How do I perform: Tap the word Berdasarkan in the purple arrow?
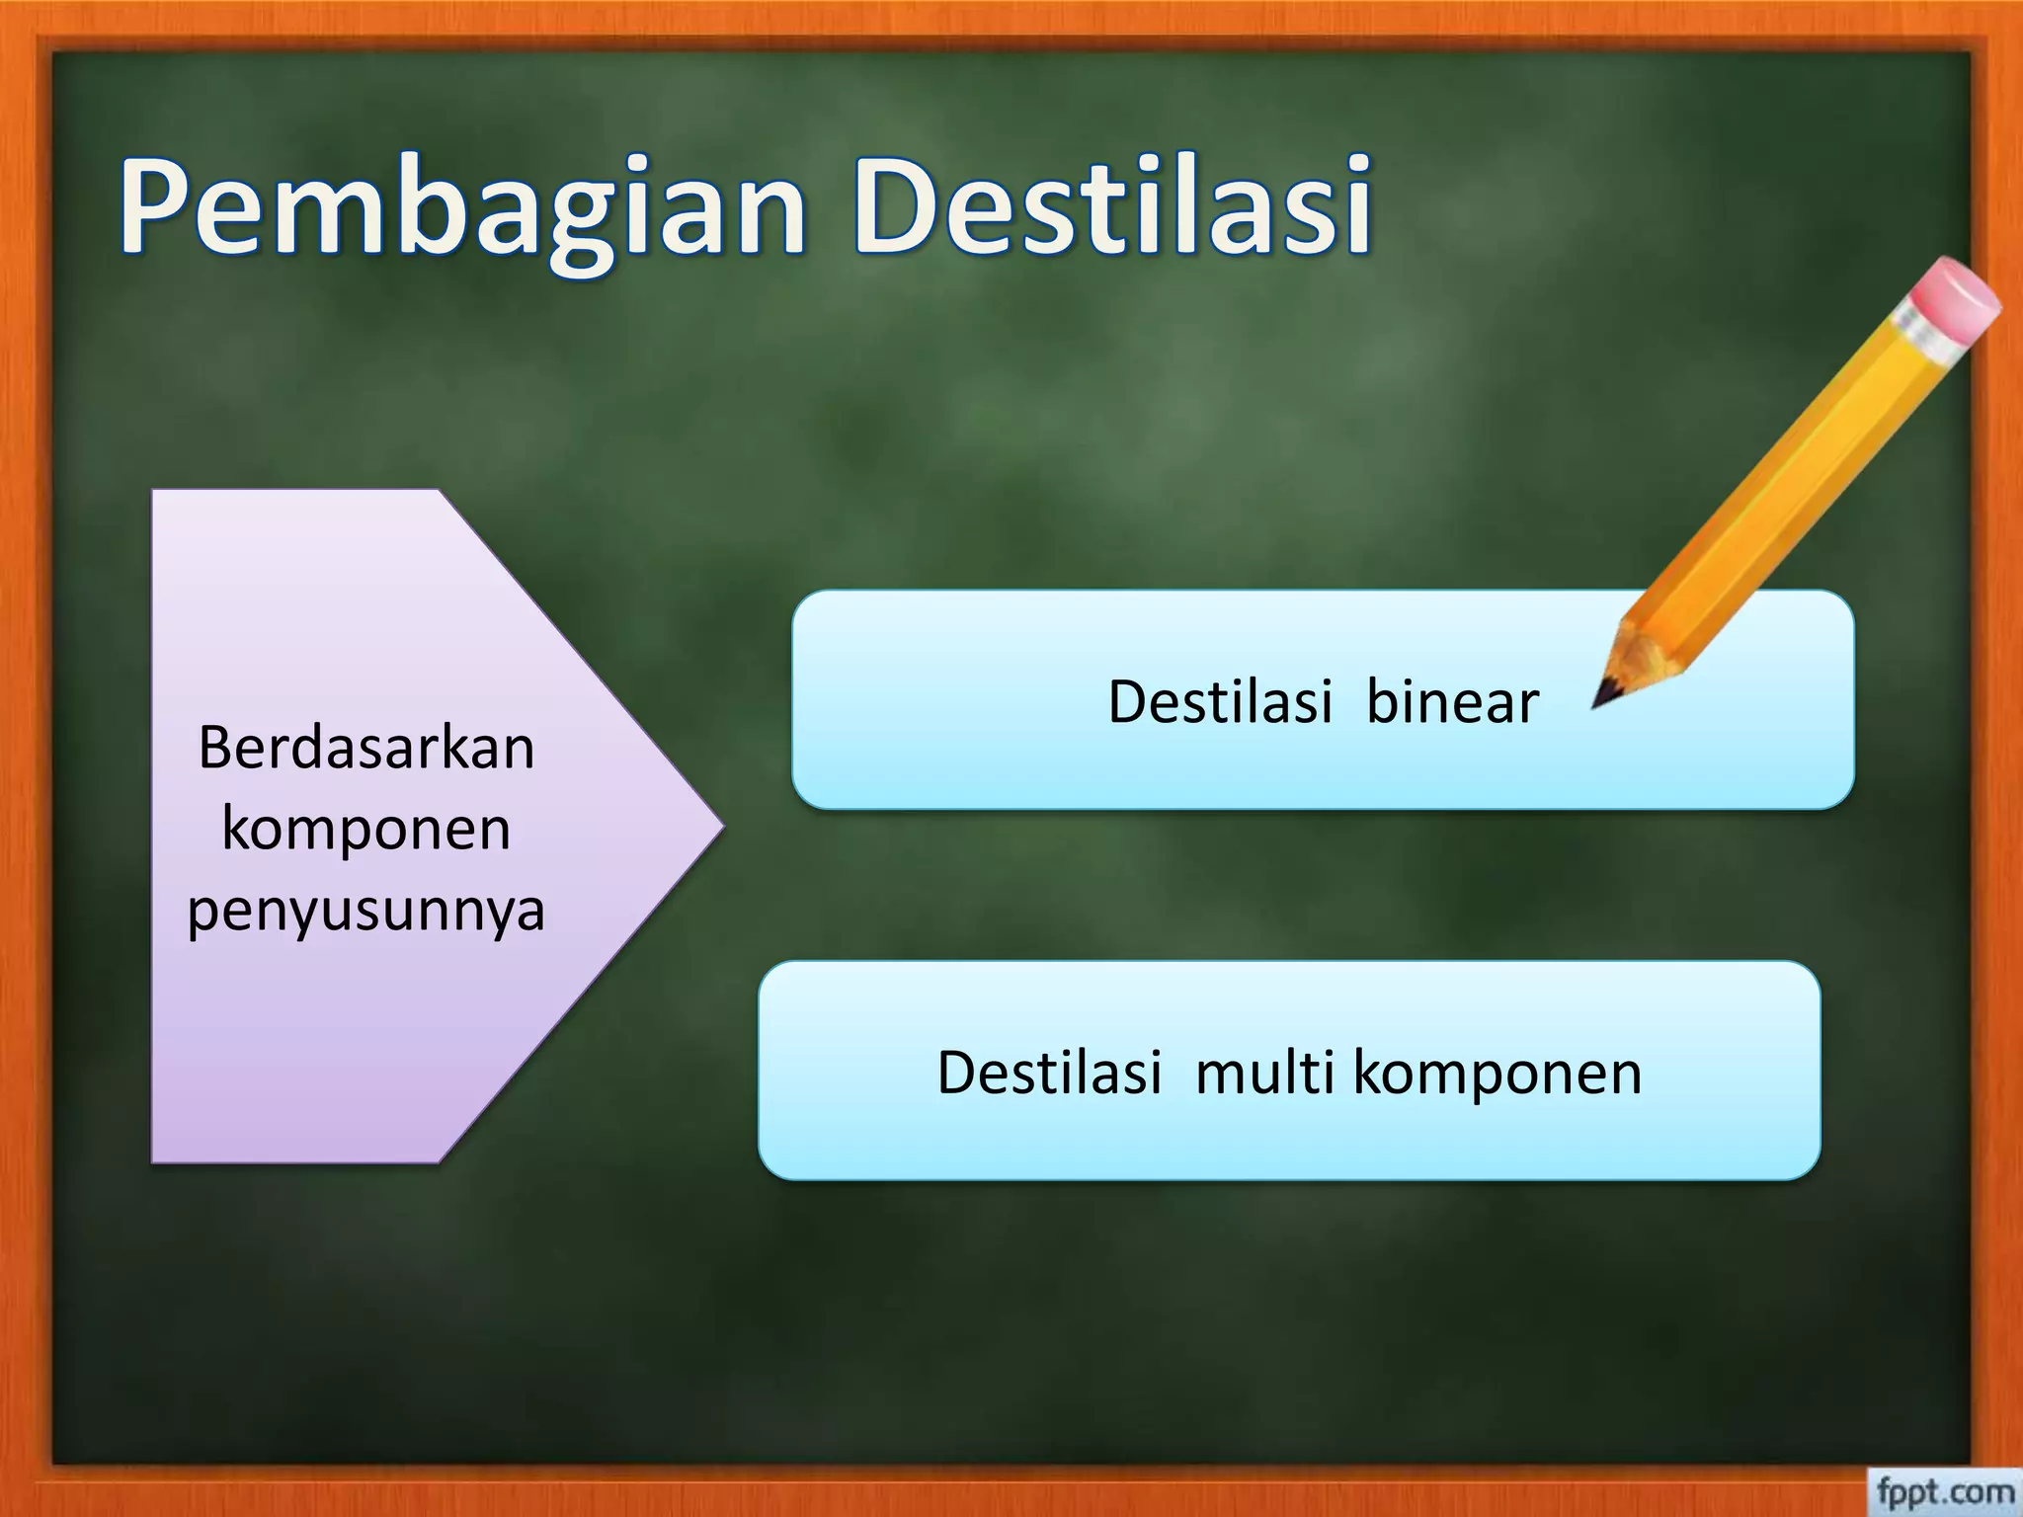pos(366,748)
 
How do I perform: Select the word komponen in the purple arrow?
pos(366,828)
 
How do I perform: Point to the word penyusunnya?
pos(366,910)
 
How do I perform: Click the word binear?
pos(1452,702)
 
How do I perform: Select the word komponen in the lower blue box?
pos(1497,1075)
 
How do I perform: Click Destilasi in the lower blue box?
pos(1049,1073)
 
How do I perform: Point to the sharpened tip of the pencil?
pos(1598,703)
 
